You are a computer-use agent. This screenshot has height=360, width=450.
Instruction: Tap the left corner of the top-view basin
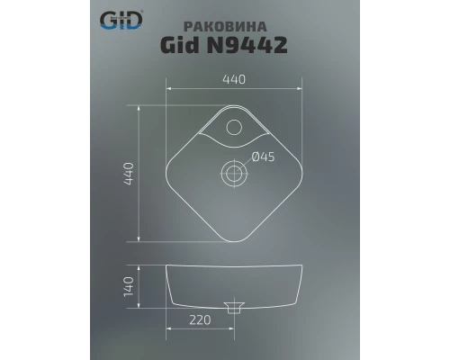point(168,170)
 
